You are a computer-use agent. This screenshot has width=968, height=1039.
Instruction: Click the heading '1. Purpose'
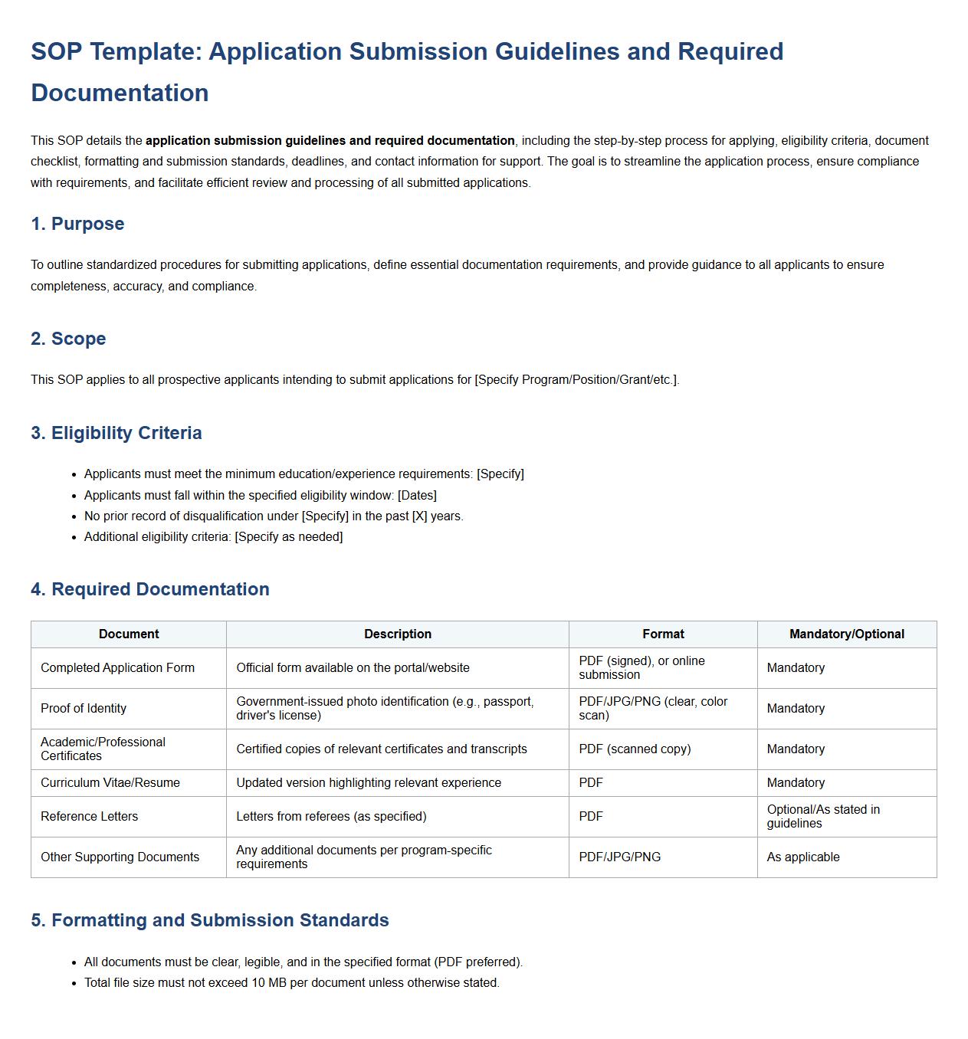coord(77,224)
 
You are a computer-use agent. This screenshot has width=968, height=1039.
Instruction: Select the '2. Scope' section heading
coord(68,339)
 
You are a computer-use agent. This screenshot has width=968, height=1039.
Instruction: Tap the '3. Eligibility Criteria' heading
coord(116,433)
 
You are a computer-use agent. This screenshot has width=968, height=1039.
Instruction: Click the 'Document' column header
coord(129,634)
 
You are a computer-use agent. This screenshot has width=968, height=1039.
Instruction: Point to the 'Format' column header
coord(663,634)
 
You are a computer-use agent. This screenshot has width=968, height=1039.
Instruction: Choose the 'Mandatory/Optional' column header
coord(846,634)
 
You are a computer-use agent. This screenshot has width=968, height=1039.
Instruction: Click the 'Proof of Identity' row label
coord(84,709)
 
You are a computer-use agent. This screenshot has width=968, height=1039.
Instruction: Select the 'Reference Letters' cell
coord(90,817)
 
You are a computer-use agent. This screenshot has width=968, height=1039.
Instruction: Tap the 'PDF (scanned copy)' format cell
coord(635,749)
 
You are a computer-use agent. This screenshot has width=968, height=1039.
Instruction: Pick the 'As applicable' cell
coord(803,857)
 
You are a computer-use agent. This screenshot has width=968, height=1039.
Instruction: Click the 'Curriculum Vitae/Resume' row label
coord(110,783)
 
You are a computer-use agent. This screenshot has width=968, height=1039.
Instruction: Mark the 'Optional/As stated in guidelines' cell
coord(823,817)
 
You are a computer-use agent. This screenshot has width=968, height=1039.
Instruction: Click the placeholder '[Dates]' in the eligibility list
coord(417,496)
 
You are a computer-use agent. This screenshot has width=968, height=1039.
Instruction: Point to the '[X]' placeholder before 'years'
coord(419,516)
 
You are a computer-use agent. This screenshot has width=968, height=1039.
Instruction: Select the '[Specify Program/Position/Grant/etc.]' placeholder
coord(576,380)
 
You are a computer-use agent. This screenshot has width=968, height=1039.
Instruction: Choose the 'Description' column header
coord(398,634)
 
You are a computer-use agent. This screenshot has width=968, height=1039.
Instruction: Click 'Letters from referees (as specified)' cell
coord(331,817)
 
